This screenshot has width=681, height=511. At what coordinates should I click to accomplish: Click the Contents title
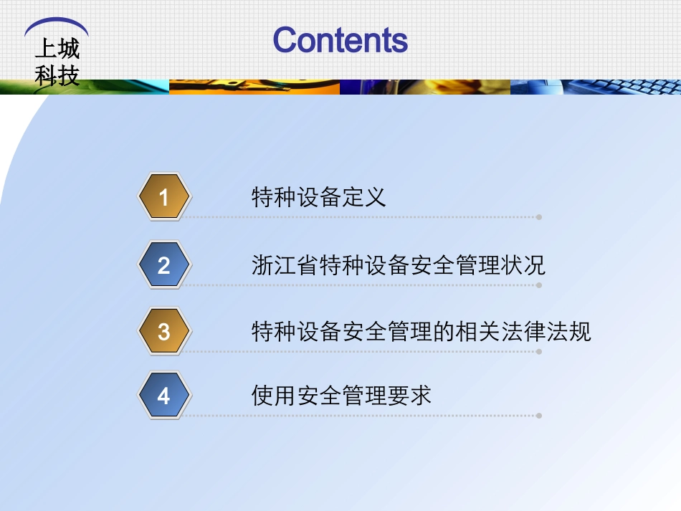(x=340, y=40)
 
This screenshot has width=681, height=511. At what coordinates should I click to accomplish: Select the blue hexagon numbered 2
(x=164, y=266)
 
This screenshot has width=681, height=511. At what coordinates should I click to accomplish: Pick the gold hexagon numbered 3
(x=164, y=332)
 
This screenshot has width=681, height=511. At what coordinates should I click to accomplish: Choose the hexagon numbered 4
(x=164, y=396)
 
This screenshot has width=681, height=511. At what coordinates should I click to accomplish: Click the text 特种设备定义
(x=318, y=197)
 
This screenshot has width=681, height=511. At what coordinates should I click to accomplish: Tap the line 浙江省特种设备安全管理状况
(x=398, y=266)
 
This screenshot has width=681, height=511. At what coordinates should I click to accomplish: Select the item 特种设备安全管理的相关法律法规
(x=421, y=332)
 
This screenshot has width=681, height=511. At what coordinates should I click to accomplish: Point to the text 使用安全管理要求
(x=341, y=396)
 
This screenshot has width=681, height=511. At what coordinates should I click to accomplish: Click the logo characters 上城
(x=57, y=49)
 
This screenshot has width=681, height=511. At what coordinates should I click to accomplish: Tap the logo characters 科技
(x=57, y=75)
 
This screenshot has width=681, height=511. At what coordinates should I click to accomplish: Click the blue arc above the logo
(x=57, y=25)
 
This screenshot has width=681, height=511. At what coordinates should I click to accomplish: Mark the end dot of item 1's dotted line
(x=539, y=216)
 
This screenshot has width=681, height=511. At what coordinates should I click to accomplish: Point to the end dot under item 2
(x=539, y=285)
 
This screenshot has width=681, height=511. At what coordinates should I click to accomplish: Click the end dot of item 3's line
(x=539, y=351)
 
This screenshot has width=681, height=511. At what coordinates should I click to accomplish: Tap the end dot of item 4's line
(x=539, y=415)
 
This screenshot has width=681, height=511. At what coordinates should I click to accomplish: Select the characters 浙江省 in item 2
(x=285, y=266)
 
